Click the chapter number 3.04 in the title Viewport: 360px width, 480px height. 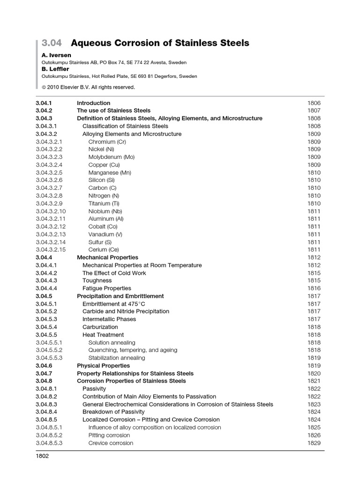[x=52, y=44]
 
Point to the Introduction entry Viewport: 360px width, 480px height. [x=93, y=103]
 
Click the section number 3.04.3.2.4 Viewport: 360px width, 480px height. [x=49, y=165]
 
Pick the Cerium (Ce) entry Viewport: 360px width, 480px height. [x=104, y=250]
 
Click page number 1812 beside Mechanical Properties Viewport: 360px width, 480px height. [x=314, y=257]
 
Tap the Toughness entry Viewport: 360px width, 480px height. [x=97, y=281]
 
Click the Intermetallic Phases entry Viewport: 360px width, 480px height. [x=109, y=319]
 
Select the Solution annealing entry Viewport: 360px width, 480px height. [x=112, y=343]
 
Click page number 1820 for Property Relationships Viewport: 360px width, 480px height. [x=314, y=374]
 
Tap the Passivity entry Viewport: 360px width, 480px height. [x=94, y=389]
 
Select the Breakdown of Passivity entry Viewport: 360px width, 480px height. [x=112, y=412]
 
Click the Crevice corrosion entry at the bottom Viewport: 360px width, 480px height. [x=111, y=443]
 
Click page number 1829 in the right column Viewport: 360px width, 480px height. [x=314, y=443]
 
